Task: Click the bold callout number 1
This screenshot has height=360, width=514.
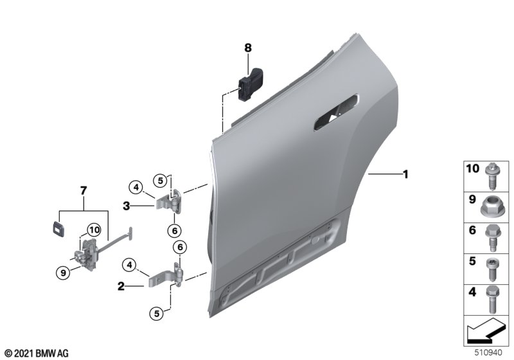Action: pos(405,174)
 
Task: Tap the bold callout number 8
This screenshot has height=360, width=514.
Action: pos(248,48)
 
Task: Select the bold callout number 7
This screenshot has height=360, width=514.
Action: pos(84,190)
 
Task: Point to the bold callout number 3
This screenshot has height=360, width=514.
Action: pos(127,206)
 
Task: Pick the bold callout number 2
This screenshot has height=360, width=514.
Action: pos(121,286)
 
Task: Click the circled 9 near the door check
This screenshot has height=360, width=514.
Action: pos(63,272)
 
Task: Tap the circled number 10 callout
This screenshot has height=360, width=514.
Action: pos(94,230)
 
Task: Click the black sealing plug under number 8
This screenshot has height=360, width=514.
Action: pos(251,85)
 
